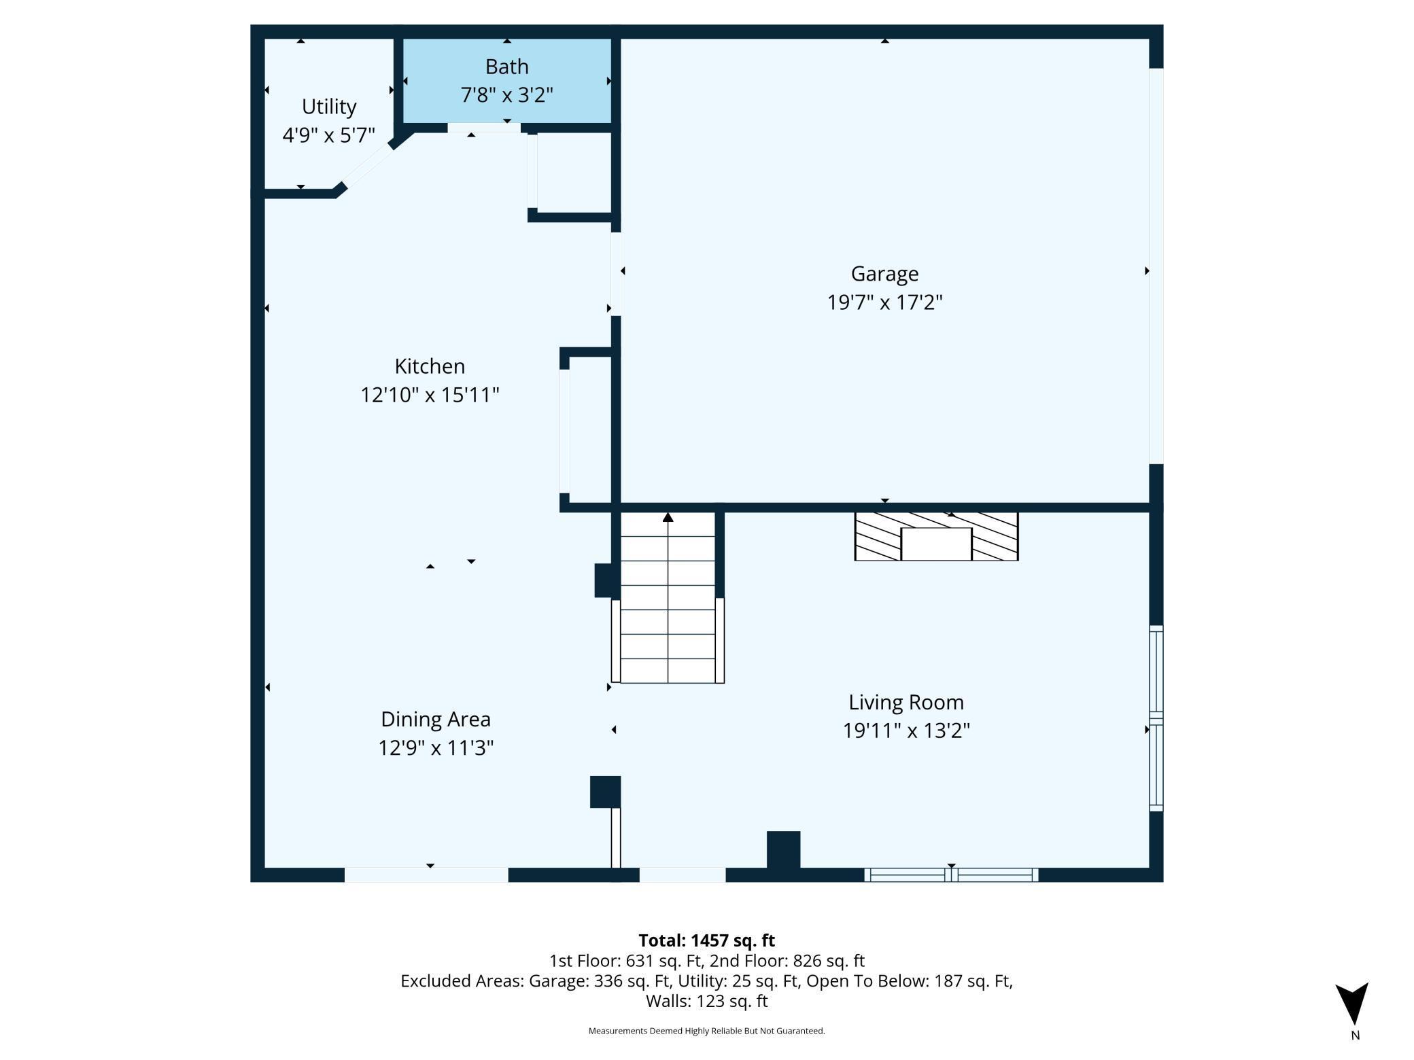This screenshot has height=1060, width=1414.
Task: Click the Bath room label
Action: click(506, 67)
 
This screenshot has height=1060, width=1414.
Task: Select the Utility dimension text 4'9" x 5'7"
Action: click(329, 135)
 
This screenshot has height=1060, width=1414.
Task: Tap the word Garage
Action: click(884, 274)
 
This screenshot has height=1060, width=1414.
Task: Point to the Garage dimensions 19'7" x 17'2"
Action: click(884, 302)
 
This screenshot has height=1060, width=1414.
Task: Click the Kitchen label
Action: click(430, 366)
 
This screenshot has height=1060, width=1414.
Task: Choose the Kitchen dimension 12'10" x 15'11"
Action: click(430, 395)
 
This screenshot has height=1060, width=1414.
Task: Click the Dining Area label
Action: click(435, 719)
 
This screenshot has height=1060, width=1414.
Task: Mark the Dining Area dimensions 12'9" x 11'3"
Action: click(435, 747)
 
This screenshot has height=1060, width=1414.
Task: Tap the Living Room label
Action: click(906, 703)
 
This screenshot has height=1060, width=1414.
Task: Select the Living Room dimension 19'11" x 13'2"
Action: click(906, 730)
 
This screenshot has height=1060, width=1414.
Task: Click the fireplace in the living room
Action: click(936, 537)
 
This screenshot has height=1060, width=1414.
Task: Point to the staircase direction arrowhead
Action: click(668, 517)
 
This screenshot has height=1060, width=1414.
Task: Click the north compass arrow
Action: click(1353, 1003)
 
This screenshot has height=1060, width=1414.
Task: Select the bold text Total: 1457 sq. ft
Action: click(706, 940)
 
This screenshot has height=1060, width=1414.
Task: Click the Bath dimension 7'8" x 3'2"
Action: click(506, 95)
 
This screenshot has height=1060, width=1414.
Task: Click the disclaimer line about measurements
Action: click(706, 1031)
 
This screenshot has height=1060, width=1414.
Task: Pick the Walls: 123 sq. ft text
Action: click(706, 1001)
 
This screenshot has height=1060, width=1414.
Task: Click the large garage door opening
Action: click(1156, 266)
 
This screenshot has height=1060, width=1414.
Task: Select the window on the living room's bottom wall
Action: click(951, 875)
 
